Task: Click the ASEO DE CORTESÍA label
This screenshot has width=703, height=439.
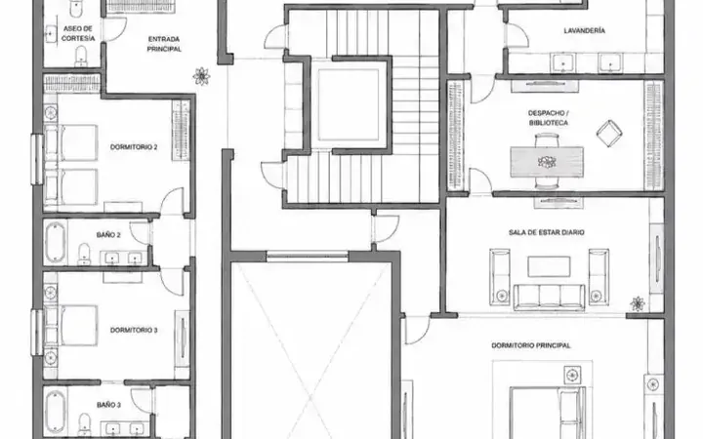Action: pos(78,33)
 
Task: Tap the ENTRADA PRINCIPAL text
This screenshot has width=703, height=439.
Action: pos(164,44)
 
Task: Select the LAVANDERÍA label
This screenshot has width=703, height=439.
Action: pos(584,30)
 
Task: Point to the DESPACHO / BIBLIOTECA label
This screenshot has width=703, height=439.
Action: pos(549,118)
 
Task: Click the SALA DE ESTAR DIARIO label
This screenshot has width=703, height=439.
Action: pos(547,232)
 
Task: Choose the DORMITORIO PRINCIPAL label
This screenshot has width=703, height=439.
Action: pos(531,345)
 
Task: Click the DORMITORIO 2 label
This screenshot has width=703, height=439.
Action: pos(134,147)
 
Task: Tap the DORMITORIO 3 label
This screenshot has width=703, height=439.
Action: pos(134,330)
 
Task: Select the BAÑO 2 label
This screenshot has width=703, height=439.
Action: pos(108,235)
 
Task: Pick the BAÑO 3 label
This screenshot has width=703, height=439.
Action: pos(108,405)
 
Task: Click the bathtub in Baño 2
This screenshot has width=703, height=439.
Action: pos(56,242)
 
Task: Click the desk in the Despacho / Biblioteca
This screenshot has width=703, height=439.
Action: pos(547,162)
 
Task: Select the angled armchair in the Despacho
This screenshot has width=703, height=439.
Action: pos(609,133)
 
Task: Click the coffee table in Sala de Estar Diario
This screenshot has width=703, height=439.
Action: pos(549,266)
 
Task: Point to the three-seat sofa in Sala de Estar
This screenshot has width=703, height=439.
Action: pos(549,297)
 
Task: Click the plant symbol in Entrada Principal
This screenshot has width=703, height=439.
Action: pos(201,76)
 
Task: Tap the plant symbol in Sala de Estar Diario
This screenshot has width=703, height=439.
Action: pos(638,303)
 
